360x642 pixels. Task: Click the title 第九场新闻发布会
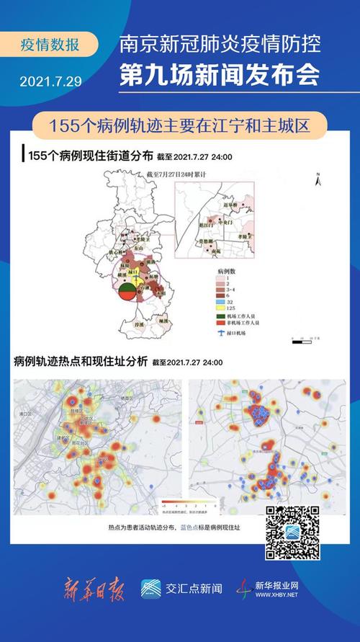222,75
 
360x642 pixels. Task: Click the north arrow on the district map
318,182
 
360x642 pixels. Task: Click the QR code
292,532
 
